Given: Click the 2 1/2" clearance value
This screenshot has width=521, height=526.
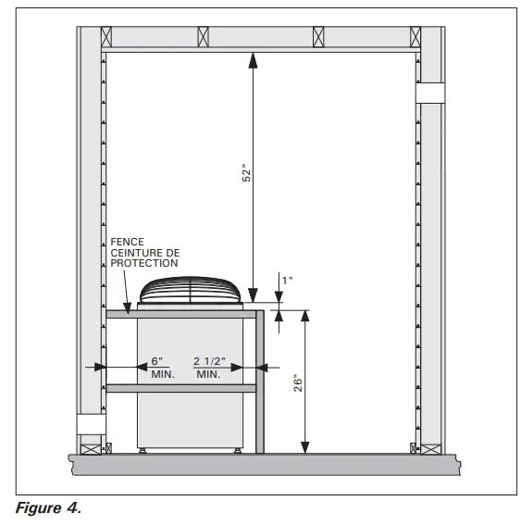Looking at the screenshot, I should (208, 360).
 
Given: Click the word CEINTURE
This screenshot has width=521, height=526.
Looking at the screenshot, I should (133, 253).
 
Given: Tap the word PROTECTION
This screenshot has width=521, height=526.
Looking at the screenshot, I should (143, 263).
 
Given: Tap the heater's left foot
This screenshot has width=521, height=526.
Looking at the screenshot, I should (143, 450).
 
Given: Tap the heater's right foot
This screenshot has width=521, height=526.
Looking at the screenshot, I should (239, 450).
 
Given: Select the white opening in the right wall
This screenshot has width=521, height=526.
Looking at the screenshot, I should (430, 93).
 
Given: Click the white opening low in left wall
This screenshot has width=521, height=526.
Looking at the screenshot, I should (92, 424).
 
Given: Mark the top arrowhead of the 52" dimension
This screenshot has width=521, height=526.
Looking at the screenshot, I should (251, 58).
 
